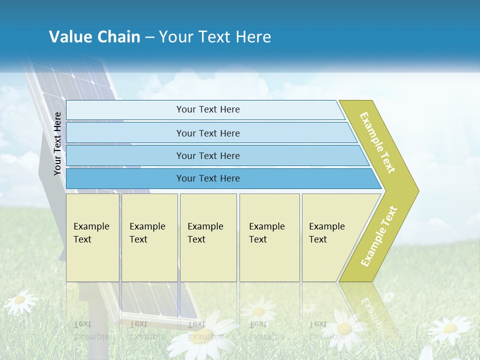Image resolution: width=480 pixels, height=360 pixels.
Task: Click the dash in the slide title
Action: pos(149,37)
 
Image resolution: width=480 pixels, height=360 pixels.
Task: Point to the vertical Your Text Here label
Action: pos(57,143)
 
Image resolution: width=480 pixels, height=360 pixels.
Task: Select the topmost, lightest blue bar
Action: pos(207,109)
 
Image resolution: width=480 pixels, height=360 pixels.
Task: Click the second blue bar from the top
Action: pos(207,133)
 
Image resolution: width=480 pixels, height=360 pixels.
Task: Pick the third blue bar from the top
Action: pos(207,155)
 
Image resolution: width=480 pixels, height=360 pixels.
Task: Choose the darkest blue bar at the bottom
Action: pos(207,178)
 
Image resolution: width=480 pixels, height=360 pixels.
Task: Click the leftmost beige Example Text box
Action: pos(92,237)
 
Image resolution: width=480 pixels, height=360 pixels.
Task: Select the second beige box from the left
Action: pos(149,237)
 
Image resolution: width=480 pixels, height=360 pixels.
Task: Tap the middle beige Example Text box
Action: pos(207,237)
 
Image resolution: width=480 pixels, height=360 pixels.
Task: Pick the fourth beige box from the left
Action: pos(269,237)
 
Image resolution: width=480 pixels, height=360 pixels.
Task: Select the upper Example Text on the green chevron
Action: pos(377,142)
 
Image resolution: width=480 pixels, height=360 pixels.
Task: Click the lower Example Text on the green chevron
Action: pos(379,236)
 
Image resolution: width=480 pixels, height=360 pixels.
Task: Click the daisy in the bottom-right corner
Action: pos(450,328)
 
